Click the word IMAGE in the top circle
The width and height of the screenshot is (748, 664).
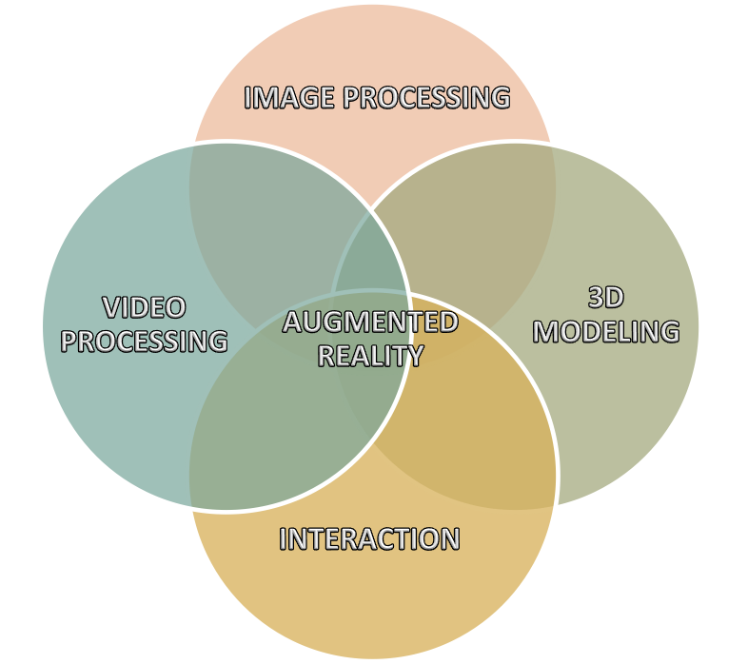click(289, 97)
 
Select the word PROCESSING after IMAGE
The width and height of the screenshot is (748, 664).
click(427, 97)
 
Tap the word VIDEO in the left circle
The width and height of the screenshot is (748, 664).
click(144, 307)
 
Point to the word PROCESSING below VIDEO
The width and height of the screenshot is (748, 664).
click(144, 342)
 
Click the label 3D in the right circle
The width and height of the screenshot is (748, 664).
click(606, 297)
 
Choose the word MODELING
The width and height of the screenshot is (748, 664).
click(606, 331)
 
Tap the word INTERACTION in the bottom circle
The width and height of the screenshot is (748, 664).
click(369, 539)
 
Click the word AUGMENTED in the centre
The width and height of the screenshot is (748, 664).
click(370, 322)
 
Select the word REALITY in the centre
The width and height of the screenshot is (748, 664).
click(370, 356)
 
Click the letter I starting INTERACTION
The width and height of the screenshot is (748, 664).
click(283, 539)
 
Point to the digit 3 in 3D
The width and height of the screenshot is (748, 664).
click(597, 297)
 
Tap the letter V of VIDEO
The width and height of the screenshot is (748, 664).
click(111, 307)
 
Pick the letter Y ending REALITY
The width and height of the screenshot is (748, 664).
click(414, 356)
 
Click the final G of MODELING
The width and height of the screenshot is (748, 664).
click(670, 331)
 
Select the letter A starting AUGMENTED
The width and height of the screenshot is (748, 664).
click(293, 322)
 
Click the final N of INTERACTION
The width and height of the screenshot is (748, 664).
click(450, 539)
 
